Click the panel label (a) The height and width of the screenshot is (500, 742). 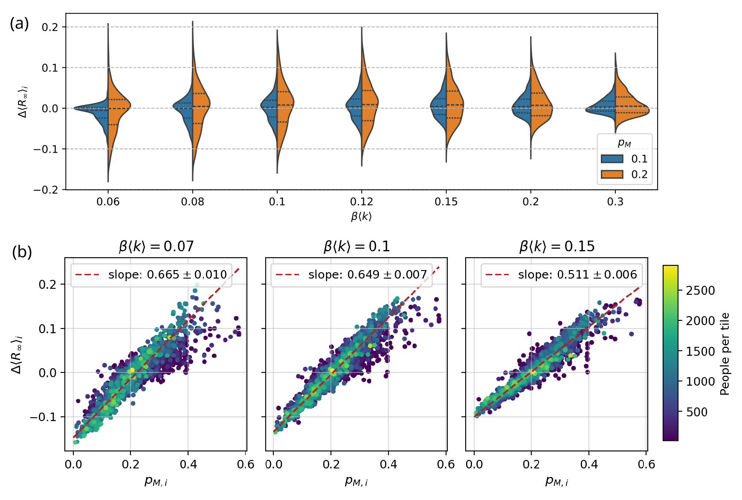[19, 24]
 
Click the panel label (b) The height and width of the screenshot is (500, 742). [22, 252]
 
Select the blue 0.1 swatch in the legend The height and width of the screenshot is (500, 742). [612, 159]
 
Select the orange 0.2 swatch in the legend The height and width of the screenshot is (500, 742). [612, 174]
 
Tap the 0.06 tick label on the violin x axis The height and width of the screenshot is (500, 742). [108, 202]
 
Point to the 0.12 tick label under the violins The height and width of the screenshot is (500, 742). [362, 202]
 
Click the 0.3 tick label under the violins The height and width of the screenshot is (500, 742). [615, 202]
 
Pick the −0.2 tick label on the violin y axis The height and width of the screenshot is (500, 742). [47, 190]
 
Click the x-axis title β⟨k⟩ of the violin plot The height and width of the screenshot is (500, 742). [362, 216]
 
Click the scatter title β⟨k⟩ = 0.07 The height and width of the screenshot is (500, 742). [156, 247]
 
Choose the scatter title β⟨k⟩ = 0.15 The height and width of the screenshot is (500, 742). [556, 247]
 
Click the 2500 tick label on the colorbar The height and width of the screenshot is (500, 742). [700, 291]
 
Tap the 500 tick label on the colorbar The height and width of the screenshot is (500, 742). [696, 412]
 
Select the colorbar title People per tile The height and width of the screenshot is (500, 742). [725, 354]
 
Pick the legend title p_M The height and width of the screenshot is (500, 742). [624, 143]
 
